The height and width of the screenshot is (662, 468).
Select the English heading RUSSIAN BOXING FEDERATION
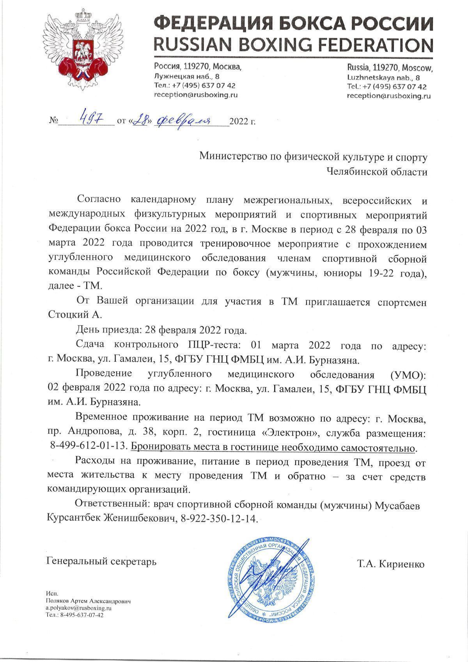293,45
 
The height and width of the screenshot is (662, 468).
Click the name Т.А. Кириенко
390,564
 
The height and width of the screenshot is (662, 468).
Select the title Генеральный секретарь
101,562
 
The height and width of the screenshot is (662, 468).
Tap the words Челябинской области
376,172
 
